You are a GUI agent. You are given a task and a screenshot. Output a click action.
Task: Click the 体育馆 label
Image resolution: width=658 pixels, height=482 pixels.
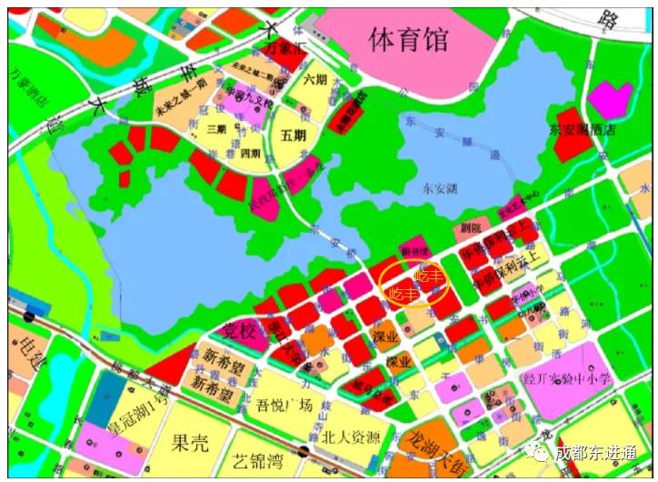tap(409, 39)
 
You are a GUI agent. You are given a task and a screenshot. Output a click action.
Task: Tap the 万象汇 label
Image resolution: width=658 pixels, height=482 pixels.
tap(282, 45)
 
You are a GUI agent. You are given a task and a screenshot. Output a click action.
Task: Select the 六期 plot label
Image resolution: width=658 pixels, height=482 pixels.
tap(315, 79)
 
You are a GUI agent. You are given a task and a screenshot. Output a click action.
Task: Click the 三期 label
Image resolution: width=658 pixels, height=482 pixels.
tap(216, 129)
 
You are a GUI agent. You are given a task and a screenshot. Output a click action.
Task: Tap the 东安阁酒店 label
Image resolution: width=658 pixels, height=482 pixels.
tap(582, 130)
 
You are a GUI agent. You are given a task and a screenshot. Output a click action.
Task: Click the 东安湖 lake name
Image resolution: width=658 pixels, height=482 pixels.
tap(443, 188)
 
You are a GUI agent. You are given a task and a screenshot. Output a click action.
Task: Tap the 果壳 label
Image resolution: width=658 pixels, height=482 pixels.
tap(190, 443)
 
